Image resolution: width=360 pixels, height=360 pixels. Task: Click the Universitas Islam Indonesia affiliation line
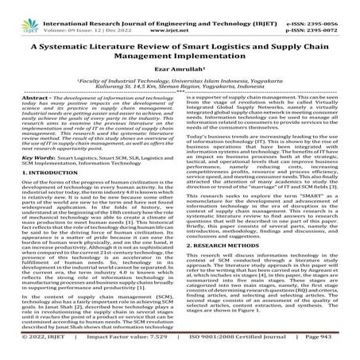point(180,69)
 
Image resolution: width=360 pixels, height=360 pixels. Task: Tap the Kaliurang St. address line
point(180,75)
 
